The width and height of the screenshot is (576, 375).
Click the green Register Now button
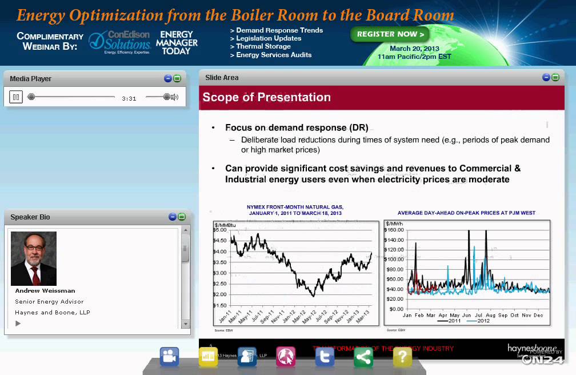point(390,34)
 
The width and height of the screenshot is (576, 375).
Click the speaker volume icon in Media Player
point(174,97)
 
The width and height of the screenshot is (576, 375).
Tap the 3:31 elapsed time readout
point(129,98)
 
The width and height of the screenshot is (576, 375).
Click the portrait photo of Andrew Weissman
point(34,258)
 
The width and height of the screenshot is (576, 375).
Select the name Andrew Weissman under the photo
point(45,291)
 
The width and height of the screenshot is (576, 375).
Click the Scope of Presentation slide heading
point(266,97)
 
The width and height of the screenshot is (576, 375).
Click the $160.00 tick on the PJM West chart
point(395,230)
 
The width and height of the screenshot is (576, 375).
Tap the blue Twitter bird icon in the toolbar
point(325,357)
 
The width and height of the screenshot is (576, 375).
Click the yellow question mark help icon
point(402,357)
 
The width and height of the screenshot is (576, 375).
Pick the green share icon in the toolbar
point(363,357)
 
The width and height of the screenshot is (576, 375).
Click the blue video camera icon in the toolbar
point(170,357)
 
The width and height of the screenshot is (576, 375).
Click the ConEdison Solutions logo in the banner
point(119,42)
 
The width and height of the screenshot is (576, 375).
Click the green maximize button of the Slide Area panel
point(555,77)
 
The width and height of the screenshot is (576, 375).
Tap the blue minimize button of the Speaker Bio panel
point(173,217)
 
